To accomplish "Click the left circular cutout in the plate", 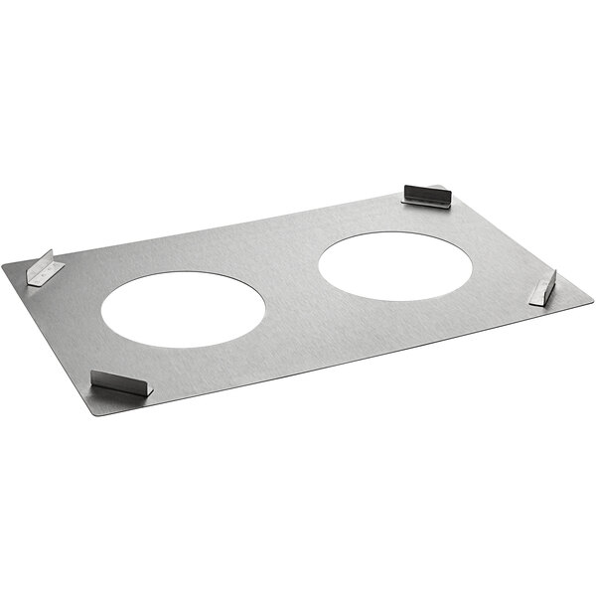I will tap(183, 309).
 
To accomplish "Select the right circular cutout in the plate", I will tap(394, 265).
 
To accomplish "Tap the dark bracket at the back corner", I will tap(427, 195).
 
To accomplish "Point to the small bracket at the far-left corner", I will tap(45, 268).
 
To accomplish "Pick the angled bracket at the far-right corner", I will tap(542, 288).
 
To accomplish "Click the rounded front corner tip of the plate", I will tap(97, 411).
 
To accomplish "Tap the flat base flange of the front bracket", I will tap(117, 388).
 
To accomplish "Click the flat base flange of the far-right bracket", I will tap(538, 295).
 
